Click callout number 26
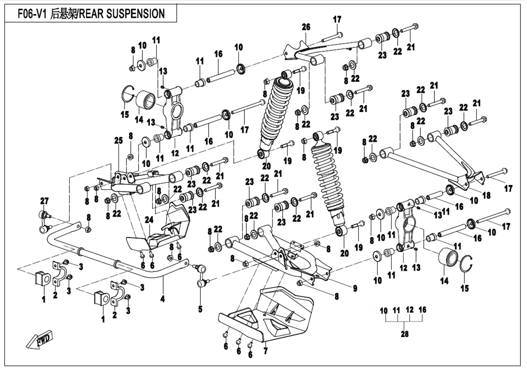point(306,28)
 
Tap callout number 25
point(118,140)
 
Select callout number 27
point(44,201)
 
